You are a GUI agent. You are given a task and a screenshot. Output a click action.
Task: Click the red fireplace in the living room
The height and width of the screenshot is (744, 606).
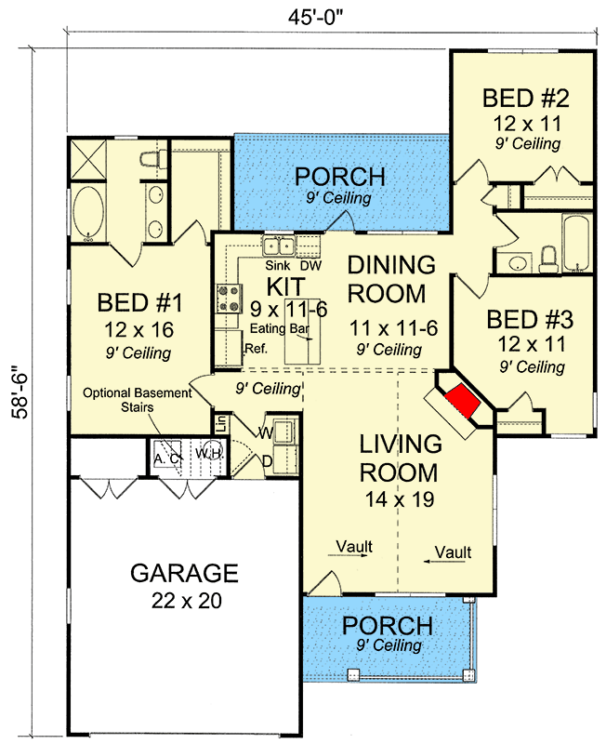pyautogui.click(x=462, y=401)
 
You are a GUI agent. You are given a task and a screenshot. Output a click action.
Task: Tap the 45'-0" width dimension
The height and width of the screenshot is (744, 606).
pyautogui.click(x=315, y=18)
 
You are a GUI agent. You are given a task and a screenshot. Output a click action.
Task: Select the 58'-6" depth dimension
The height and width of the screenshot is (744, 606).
pyautogui.click(x=20, y=392)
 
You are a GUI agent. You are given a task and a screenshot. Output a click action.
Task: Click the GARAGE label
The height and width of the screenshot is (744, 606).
pyautogui.click(x=184, y=573)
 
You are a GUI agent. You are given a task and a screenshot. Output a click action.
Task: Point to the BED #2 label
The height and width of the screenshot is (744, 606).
pyautogui.click(x=526, y=99)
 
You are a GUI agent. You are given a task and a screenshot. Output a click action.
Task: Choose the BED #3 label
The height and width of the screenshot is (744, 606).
pyautogui.click(x=530, y=319)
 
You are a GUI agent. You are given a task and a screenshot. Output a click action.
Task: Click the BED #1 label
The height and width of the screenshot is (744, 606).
pyautogui.click(x=140, y=303)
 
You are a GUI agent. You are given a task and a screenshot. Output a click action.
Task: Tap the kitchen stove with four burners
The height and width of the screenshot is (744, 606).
pyautogui.click(x=230, y=299)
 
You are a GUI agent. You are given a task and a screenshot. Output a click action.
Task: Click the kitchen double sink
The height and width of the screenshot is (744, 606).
pyautogui.click(x=279, y=246)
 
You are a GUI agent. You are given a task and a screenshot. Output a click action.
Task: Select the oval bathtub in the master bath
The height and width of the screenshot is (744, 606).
pyautogui.click(x=88, y=213)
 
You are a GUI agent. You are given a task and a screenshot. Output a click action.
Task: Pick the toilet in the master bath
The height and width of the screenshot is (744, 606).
pyautogui.click(x=153, y=159)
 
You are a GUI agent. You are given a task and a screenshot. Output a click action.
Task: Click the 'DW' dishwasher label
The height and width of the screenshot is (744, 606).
pyautogui.click(x=311, y=265)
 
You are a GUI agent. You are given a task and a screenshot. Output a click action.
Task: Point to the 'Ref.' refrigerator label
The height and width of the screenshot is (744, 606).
pyautogui.click(x=257, y=349)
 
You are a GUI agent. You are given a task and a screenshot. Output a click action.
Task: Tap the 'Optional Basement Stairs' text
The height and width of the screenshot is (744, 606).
pyautogui.click(x=137, y=400)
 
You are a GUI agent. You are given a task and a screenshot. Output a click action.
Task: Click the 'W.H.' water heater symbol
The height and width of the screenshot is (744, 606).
pyautogui.click(x=209, y=454)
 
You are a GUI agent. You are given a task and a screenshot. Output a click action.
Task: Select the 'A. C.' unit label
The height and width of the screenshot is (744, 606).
pyautogui.click(x=167, y=458)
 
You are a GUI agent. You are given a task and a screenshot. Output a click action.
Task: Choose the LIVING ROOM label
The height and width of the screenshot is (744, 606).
pyautogui.click(x=400, y=458)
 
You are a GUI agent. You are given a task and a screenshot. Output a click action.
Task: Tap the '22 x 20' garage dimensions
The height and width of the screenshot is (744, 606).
pyautogui.click(x=187, y=601)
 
